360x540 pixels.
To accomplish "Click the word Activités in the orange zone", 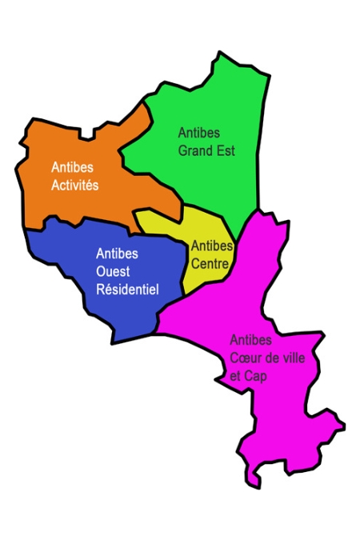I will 74,186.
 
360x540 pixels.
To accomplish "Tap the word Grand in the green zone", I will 195,151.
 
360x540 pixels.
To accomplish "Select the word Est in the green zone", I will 226,151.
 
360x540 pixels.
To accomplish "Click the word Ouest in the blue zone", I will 112,272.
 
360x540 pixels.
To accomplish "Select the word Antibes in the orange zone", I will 71,168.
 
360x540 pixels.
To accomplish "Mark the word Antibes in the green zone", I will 198,134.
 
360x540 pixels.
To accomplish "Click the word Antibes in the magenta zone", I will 251,339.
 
